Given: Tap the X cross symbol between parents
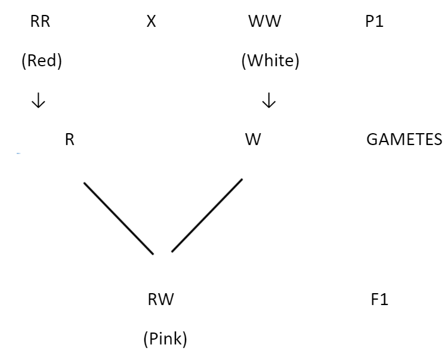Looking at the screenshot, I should pos(152,24).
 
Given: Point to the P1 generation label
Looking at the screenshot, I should pos(373,24).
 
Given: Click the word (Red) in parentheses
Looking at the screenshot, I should pos(42,62).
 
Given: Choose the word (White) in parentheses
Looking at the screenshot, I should pos(270,62).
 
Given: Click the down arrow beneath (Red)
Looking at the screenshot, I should pos(38,101).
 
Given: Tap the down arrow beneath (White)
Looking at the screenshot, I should pos(269,101).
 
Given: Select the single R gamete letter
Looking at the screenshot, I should pos(70,140).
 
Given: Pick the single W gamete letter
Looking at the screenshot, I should pos(253,140).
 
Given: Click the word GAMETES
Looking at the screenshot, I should pos(404,140).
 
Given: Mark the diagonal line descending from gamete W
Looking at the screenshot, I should pos(207,215).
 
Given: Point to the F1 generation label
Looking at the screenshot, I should pos(379,299).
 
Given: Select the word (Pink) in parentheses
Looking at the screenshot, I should pos(165,339).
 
